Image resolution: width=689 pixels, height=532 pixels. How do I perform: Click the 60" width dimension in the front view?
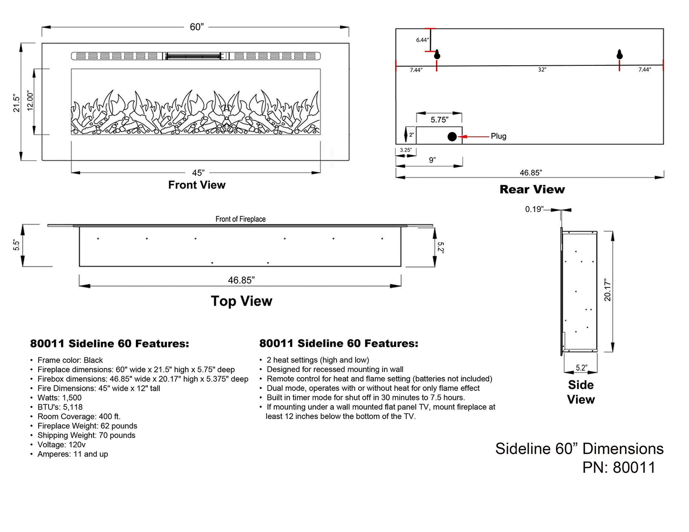196,27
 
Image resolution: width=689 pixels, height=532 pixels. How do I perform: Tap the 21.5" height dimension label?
17,103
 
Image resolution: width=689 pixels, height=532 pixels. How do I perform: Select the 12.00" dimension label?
30,101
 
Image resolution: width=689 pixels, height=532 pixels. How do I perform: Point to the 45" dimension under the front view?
198,173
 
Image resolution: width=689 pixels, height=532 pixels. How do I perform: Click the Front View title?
196,185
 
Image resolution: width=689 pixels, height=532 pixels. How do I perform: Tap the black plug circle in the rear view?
452,137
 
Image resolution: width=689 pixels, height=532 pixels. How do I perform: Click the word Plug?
498,136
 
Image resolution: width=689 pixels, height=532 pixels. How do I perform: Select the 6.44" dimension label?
422,40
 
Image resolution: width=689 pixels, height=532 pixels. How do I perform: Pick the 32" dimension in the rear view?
542,70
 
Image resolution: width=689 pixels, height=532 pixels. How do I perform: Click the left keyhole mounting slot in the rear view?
437,55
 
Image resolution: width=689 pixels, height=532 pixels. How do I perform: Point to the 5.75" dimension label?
439,120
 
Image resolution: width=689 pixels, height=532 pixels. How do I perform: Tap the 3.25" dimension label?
406,150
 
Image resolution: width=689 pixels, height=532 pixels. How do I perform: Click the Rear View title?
532,190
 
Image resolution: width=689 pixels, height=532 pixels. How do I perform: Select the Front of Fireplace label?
240,219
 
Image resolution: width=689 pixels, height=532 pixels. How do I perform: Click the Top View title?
241,301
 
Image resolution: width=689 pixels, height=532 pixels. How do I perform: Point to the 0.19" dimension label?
534,209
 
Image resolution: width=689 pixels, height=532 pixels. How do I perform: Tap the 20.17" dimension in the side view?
607,290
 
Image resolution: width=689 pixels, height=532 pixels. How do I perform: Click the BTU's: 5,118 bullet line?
60,407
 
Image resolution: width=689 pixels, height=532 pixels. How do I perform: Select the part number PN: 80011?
618,468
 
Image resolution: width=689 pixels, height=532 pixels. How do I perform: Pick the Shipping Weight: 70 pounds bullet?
86,435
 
